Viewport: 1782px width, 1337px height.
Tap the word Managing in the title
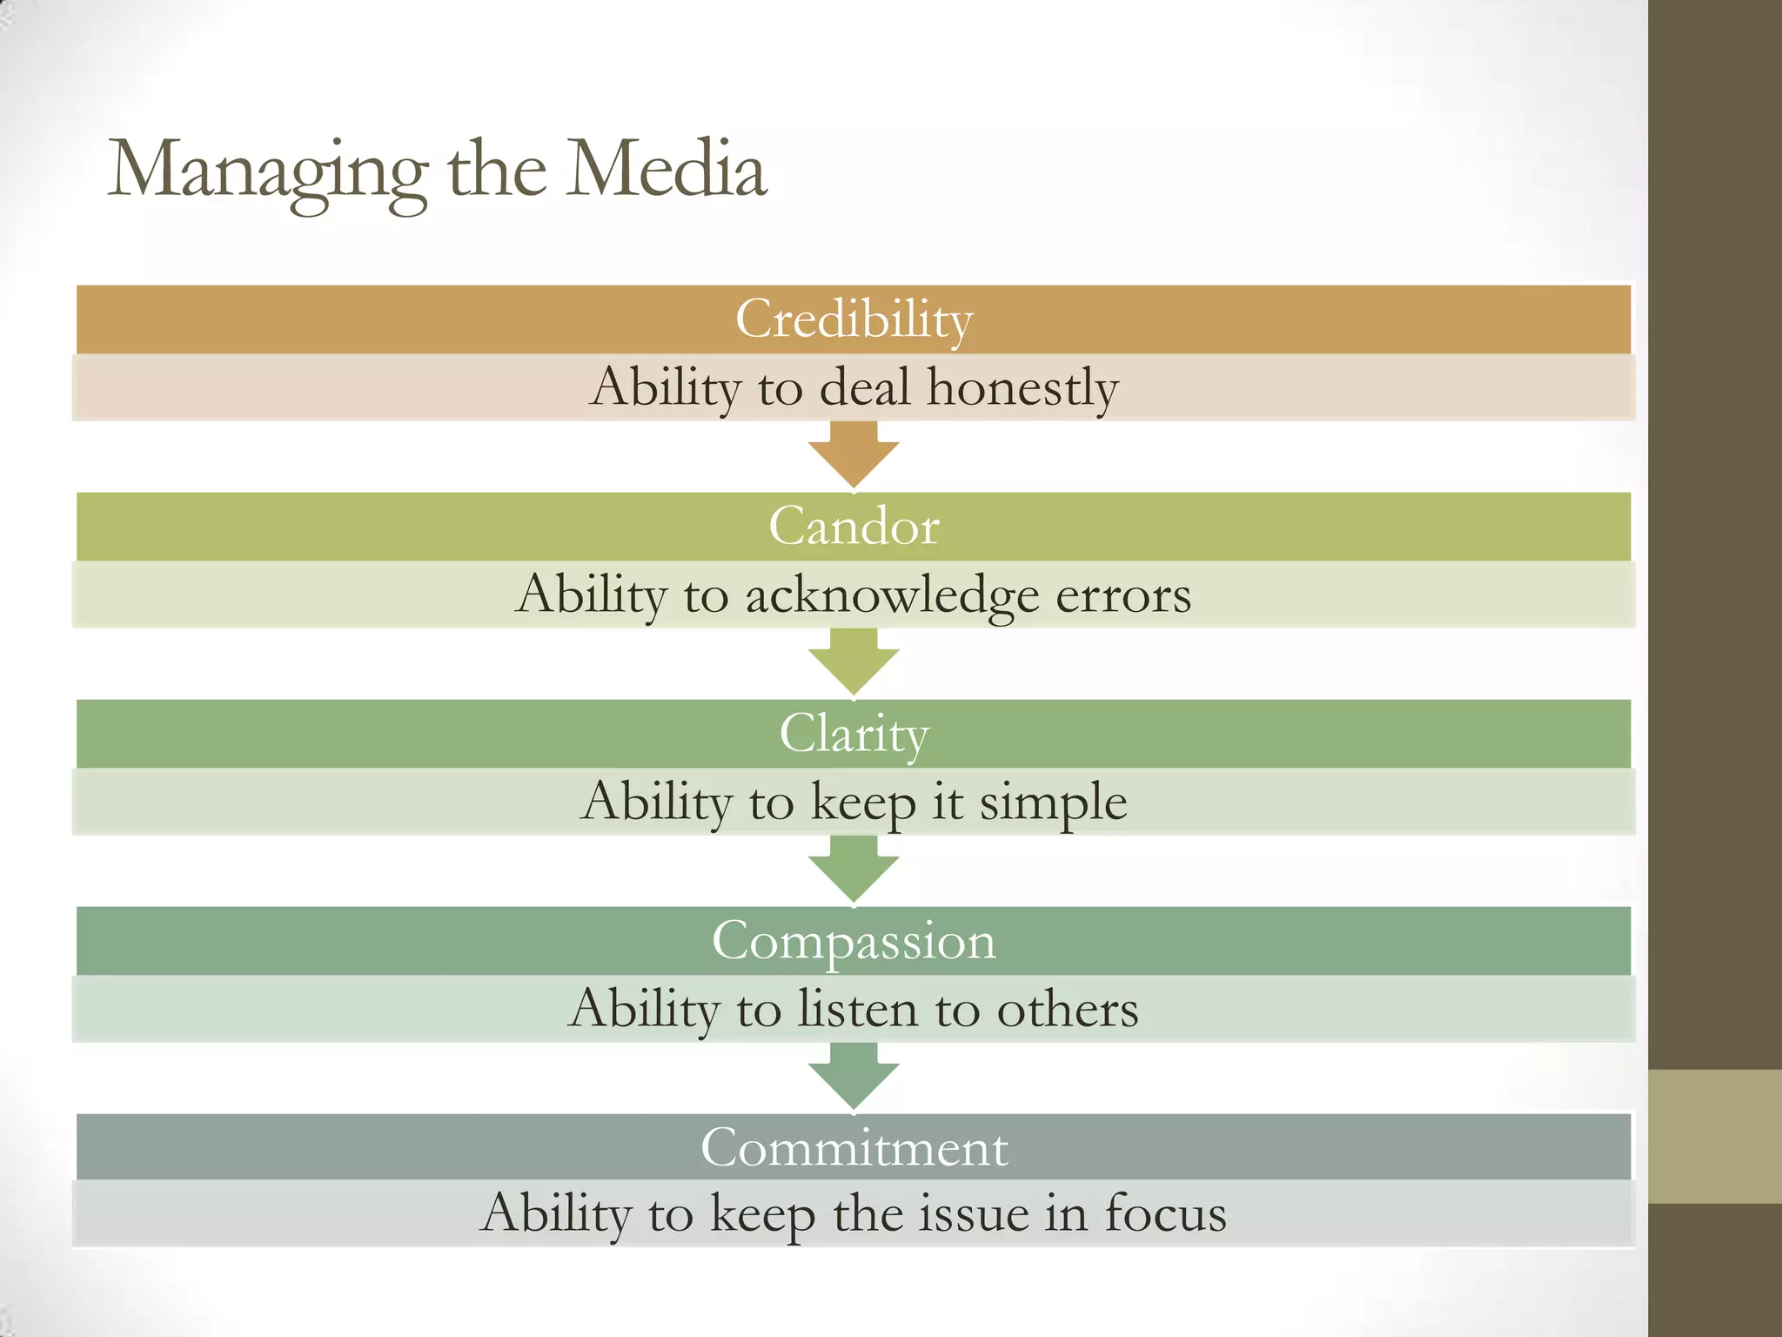268,171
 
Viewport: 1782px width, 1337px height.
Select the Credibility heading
854,319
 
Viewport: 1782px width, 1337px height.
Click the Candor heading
854,527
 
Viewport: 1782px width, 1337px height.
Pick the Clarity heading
854,734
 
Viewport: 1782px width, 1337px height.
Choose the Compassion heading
854,941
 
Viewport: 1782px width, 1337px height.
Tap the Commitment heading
854,1148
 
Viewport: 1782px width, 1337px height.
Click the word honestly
1022,387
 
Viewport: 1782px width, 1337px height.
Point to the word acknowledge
892,595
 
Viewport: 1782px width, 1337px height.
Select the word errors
1123,595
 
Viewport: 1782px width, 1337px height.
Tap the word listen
859,1010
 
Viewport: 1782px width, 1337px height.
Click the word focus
1166,1214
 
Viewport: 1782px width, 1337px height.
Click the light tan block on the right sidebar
1715,1136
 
